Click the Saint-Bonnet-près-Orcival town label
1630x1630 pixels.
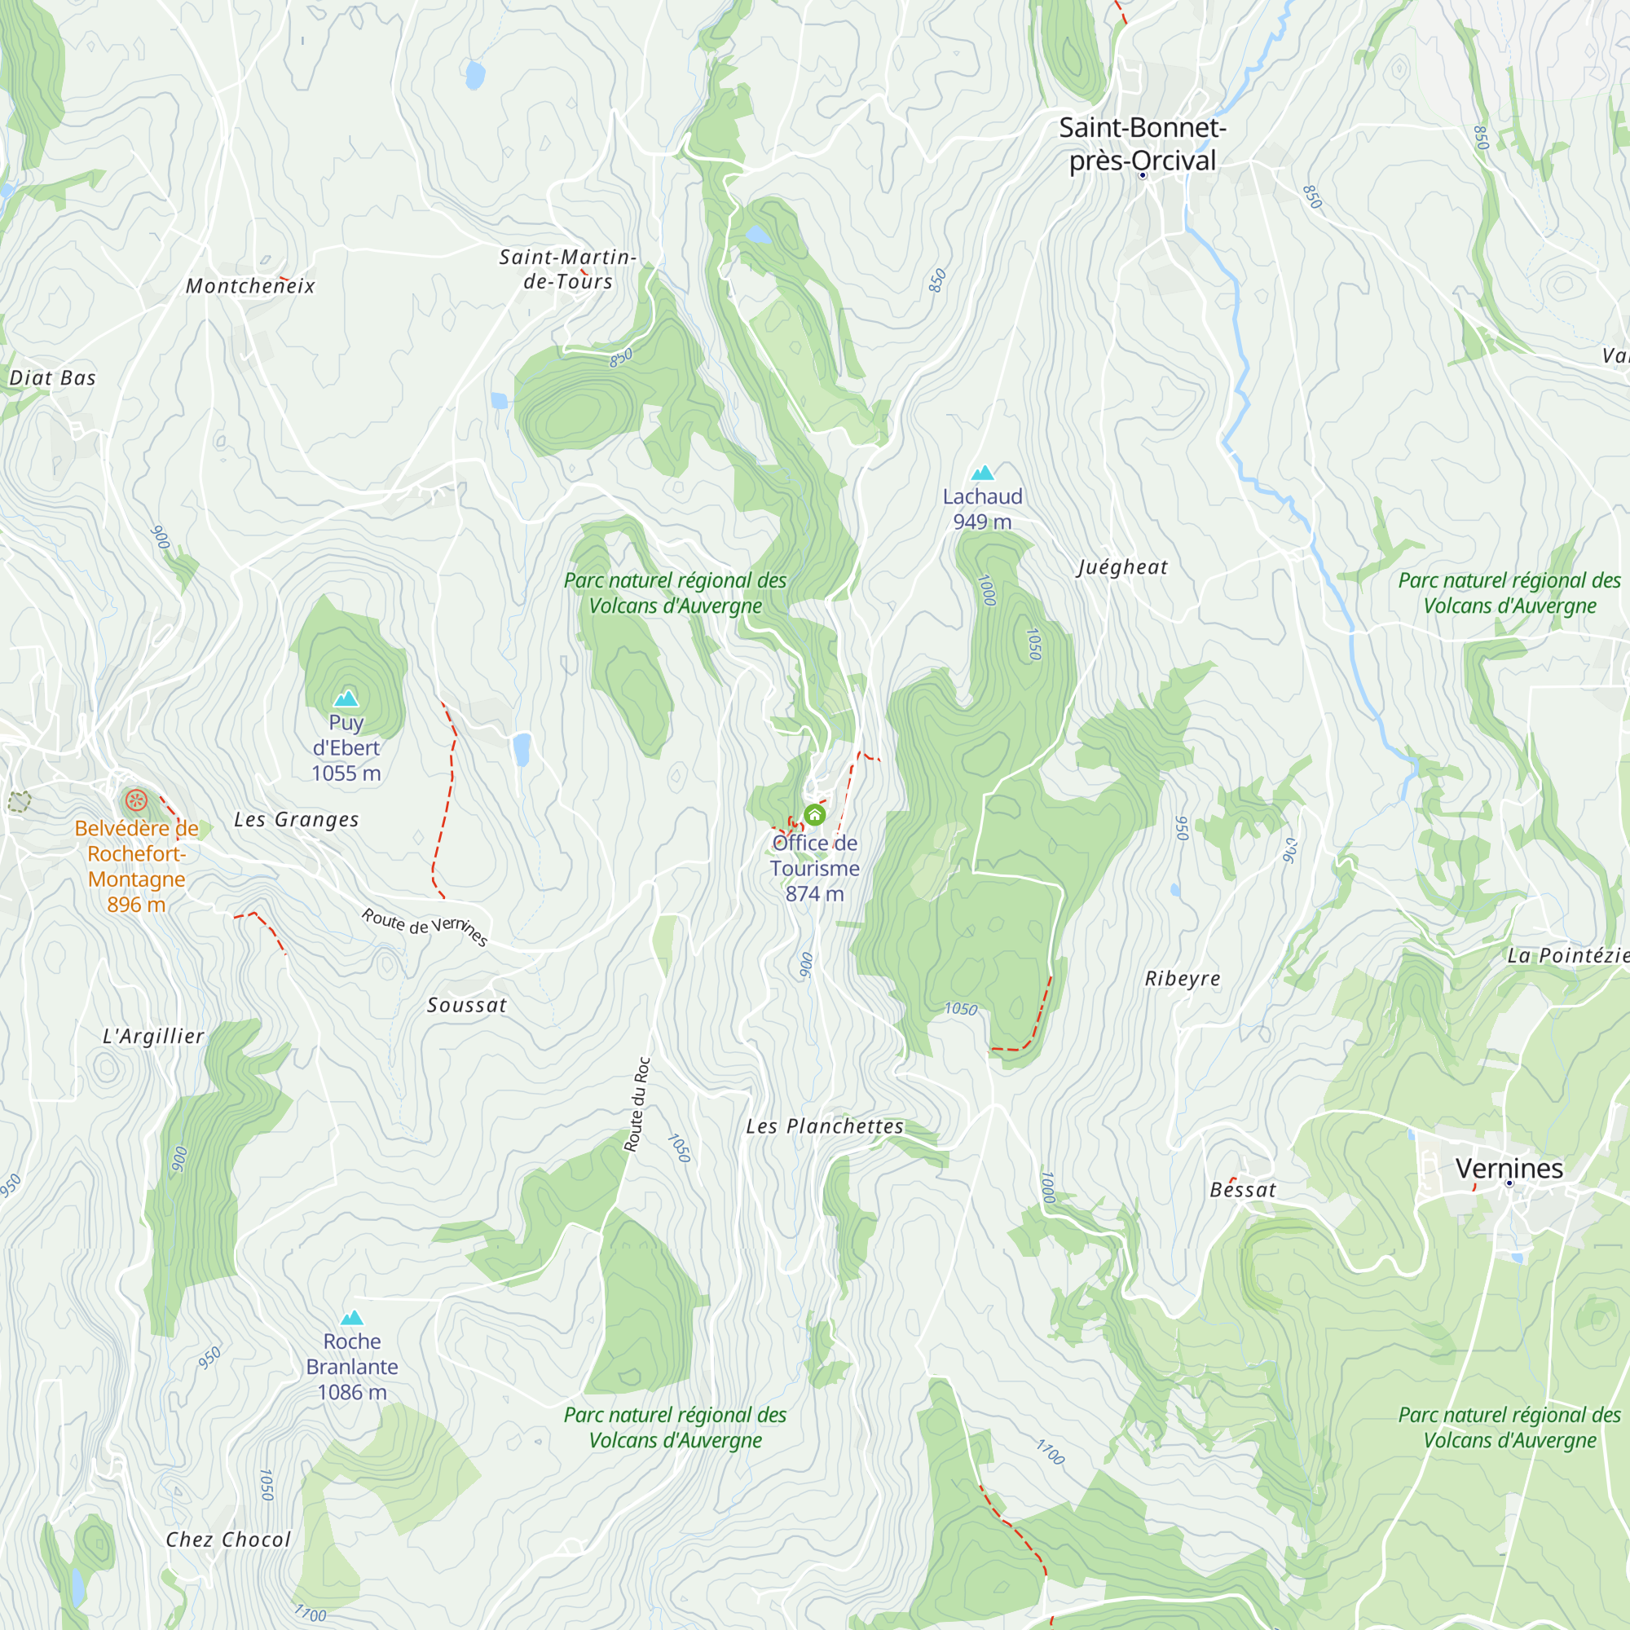(1143, 143)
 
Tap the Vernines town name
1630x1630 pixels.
(1509, 1169)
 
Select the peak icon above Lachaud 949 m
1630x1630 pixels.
(982, 473)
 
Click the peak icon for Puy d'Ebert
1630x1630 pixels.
(346, 698)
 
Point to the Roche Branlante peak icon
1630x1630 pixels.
(352, 1318)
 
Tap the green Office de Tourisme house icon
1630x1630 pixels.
(814, 815)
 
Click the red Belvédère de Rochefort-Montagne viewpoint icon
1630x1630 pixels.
(137, 799)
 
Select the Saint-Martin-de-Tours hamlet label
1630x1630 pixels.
(568, 268)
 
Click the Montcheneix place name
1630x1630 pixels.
(250, 286)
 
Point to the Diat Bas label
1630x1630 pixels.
(52, 378)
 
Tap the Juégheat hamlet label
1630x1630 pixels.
(1122, 567)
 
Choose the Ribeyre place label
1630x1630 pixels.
(1182, 979)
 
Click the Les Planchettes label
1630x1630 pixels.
(824, 1126)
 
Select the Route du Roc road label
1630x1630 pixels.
(637, 1104)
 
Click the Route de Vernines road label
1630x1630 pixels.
(425, 927)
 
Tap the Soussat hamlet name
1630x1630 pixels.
(466, 1005)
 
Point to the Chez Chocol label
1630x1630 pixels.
(228, 1540)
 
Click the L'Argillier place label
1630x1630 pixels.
(153, 1036)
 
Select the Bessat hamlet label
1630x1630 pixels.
(1243, 1190)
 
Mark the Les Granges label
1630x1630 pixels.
(296, 819)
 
